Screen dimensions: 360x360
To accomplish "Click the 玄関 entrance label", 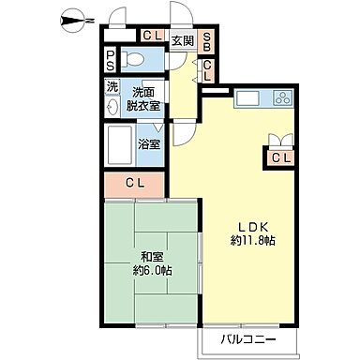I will pyautogui.click(x=183, y=41).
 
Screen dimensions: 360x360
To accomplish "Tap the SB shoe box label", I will pyautogui.click(x=208, y=41).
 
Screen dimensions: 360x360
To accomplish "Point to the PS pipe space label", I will pyautogui.click(x=111, y=61).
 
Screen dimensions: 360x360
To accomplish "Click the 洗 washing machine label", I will pyautogui.click(x=112, y=87).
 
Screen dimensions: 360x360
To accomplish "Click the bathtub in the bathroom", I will pyautogui.click(x=123, y=145).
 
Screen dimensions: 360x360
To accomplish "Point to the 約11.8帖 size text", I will pyautogui.click(x=249, y=240).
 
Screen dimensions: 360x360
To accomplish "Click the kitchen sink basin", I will pyautogui.click(x=247, y=97).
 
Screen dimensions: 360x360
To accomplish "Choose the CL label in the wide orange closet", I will pyautogui.click(x=136, y=182).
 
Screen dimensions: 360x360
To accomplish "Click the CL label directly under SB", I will pyautogui.click(x=208, y=70).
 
